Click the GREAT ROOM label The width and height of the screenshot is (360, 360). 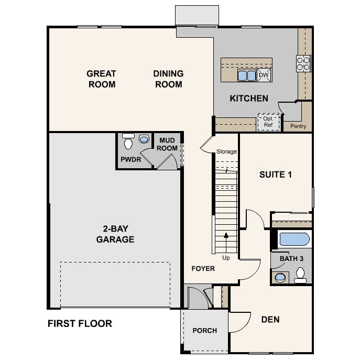click(x=101, y=79)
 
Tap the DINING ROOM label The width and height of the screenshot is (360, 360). click(x=168, y=79)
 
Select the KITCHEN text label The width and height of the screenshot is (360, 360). click(x=249, y=98)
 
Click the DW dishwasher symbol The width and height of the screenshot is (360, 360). click(x=264, y=75)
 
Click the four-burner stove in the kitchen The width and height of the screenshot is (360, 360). click(x=303, y=63)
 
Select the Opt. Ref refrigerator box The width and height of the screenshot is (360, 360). click(x=268, y=122)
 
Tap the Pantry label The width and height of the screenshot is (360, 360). click(x=298, y=126)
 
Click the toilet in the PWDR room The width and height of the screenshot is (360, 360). click(x=127, y=142)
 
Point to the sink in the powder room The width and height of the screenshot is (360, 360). click(x=144, y=139)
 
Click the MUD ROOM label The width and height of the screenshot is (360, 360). click(x=168, y=144)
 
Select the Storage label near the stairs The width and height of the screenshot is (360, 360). click(x=226, y=152)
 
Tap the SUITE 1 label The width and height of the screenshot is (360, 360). click(x=275, y=174)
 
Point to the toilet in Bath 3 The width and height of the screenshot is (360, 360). click(x=300, y=275)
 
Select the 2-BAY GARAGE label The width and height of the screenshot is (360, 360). click(x=115, y=234)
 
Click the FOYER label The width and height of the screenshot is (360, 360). click(x=203, y=268)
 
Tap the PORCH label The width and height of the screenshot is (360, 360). click(x=204, y=330)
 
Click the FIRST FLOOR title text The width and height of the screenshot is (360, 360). click(x=80, y=323)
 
